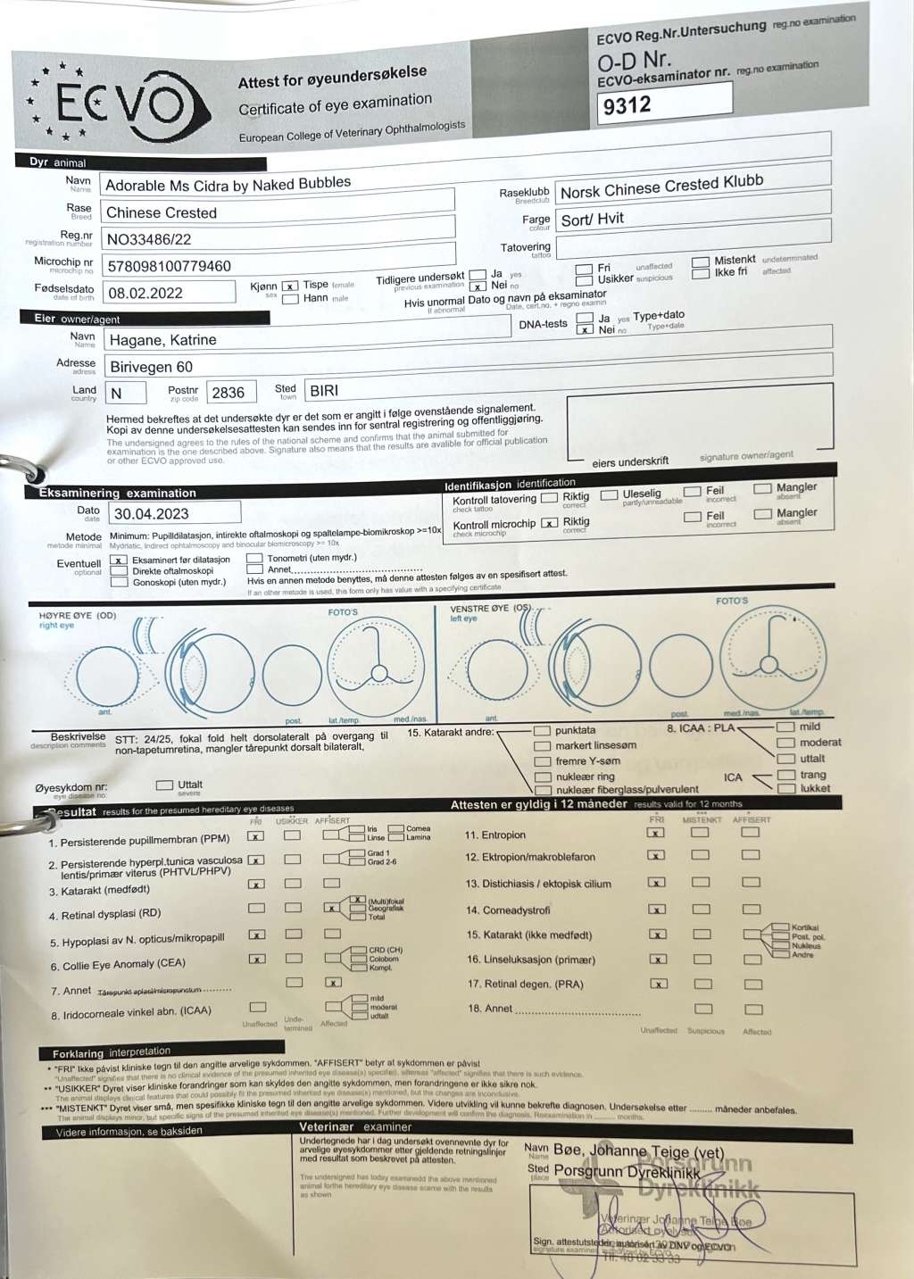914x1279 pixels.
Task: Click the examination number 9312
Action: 627,106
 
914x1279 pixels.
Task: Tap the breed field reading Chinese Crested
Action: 162,212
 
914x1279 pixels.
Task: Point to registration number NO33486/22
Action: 149,239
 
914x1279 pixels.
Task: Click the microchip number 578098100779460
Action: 169,266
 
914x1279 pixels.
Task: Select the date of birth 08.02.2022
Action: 145,293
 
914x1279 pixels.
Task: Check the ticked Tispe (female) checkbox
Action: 290,286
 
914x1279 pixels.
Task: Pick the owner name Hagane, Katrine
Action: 162,340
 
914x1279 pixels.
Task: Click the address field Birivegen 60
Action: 151,367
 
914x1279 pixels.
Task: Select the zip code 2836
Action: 228,393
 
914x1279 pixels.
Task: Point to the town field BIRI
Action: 324,391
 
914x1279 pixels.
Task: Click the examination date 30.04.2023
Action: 152,514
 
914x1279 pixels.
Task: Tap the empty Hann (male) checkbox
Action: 290,299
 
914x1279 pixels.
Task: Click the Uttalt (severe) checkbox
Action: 164,785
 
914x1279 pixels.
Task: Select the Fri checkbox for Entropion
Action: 656,833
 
